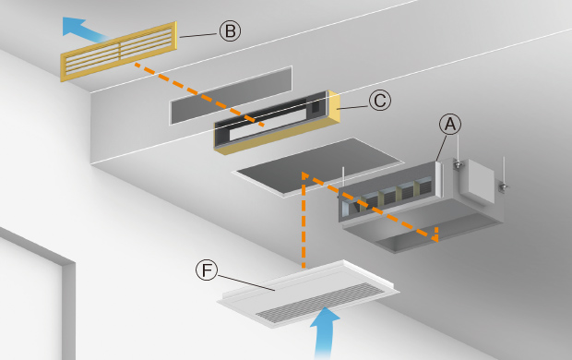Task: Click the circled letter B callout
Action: point(231,30)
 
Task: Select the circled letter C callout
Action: point(380,101)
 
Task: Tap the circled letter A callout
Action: point(450,124)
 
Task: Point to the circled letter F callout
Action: point(207,270)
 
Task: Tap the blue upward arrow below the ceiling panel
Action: point(325,332)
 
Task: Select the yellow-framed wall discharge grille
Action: point(119,52)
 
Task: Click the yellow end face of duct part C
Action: point(335,107)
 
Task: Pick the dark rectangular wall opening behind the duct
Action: point(232,95)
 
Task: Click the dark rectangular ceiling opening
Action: point(318,167)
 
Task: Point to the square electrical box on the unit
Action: point(477,182)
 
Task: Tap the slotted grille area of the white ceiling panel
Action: point(320,303)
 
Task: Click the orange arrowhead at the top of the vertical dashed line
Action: point(304,175)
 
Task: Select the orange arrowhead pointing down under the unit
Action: point(435,234)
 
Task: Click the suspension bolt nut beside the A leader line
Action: point(458,165)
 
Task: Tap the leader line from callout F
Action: point(246,282)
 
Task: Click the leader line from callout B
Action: point(198,35)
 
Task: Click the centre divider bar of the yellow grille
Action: point(119,52)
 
